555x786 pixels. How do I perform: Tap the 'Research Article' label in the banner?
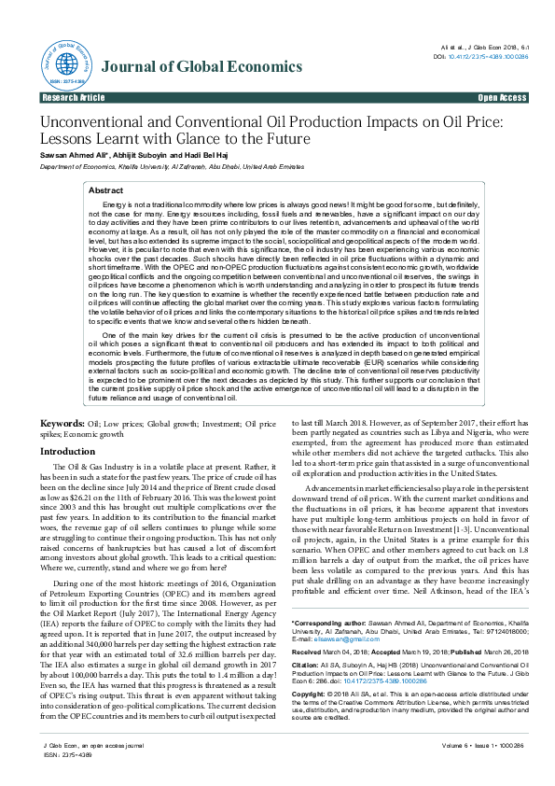point(74,97)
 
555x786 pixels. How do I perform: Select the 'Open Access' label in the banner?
point(501,97)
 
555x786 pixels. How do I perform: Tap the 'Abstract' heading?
point(105,189)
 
